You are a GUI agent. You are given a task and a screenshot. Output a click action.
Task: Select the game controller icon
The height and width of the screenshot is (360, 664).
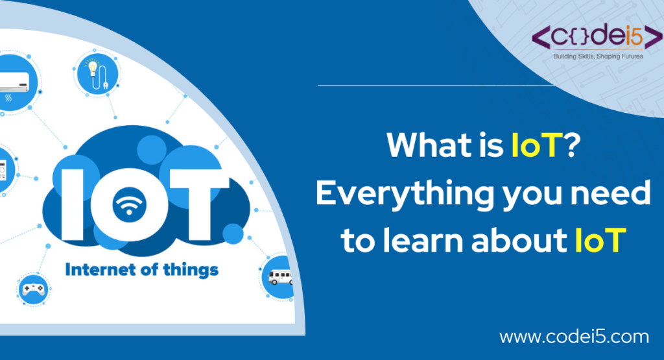click(x=31, y=291)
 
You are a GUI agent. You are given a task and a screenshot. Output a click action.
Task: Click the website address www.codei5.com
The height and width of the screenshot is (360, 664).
click(x=574, y=337)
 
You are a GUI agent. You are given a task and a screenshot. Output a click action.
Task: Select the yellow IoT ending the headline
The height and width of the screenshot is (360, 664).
click(x=599, y=240)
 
